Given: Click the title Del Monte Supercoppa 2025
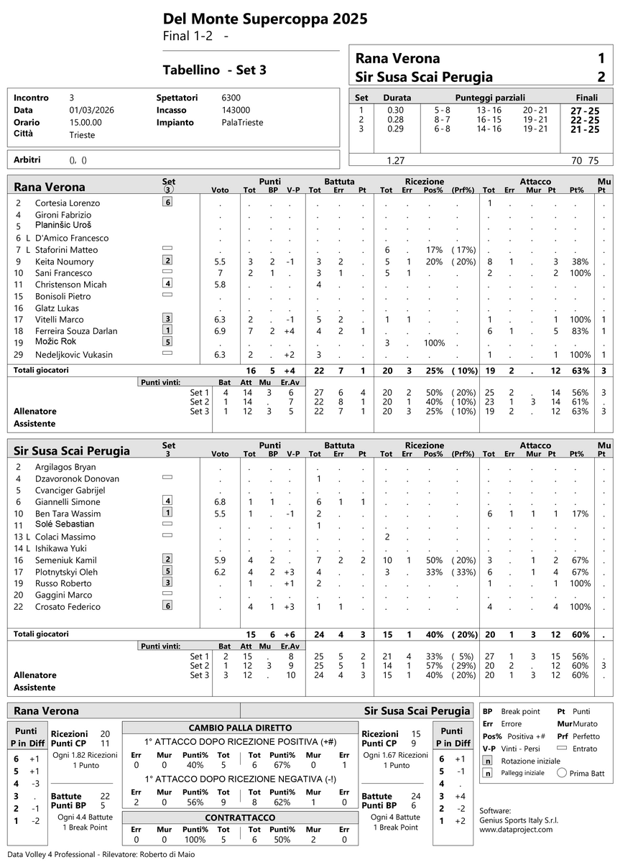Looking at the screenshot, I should tap(265, 19).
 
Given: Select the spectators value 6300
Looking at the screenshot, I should tap(231, 98).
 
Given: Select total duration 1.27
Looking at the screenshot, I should tap(395, 161).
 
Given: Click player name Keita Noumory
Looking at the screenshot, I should tap(64, 261).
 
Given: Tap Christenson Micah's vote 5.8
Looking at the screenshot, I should tap(220, 285).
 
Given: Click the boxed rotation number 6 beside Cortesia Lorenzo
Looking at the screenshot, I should tap(167, 203).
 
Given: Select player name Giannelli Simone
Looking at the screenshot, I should tap(68, 502).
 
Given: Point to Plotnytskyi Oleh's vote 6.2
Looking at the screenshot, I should tap(220, 572).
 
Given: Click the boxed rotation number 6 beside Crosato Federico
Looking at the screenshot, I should tap(167, 606).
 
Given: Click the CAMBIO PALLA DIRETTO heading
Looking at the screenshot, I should tap(240, 727).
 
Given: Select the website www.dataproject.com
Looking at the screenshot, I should tap(516, 829).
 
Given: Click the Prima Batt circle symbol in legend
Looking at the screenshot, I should tap(562, 774).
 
